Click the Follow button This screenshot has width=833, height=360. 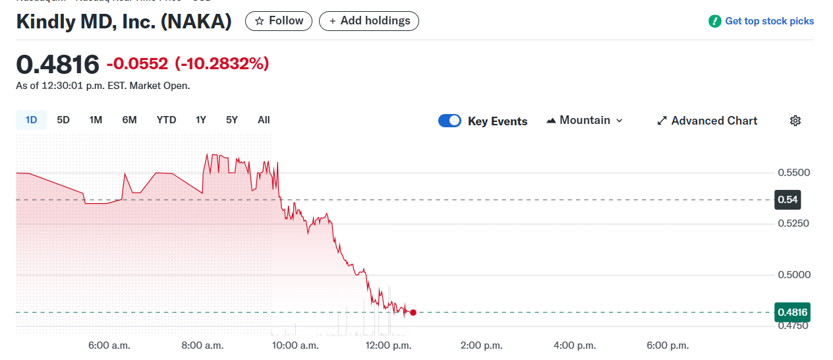pyautogui.click(x=279, y=21)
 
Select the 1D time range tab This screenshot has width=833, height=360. pyautogui.click(x=31, y=120)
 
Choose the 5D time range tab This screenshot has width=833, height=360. pyautogui.click(x=63, y=120)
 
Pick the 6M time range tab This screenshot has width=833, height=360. pyautogui.click(x=129, y=120)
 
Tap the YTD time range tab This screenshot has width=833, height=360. pyautogui.click(x=166, y=120)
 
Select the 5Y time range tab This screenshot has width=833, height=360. pyautogui.click(x=231, y=120)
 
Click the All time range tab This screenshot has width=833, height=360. pyautogui.click(x=264, y=120)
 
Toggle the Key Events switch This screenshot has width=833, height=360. pyautogui.click(x=449, y=121)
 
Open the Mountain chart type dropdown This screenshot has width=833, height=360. pyautogui.click(x=585, y=121)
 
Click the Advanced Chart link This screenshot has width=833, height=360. pyautogui.click(x=707, y=121)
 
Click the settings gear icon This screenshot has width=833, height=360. pyautogui.click(x=795, y=121)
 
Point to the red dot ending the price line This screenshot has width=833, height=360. pyautogui.click(x=413, y=313)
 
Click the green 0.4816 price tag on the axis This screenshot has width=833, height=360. pyautogui.click(x=791, y=312)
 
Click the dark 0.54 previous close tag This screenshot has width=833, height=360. pyautogui.click(x=788, y=199)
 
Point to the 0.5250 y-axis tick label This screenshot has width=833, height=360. pyautogui.click(x=793, y=224)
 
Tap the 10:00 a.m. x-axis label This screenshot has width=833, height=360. pyautogui.click(x=295, y=345)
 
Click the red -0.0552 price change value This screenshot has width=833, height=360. pyautogui.click(x=138, y=64)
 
